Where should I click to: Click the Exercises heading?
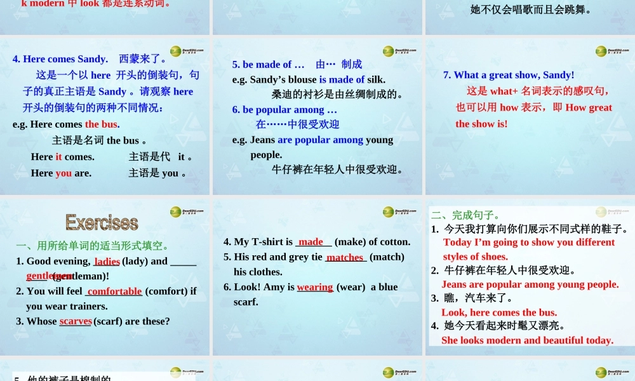point(102,222)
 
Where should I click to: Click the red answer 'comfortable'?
point(114,291)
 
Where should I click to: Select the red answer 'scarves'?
point(76,321)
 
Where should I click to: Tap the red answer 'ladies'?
point(107,261)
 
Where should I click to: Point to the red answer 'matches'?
point(345,257)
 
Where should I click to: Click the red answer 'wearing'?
point(315,287)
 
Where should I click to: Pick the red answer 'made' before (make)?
point(311,242)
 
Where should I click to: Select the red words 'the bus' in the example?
point(102,124)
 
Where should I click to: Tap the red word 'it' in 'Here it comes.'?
point(59,156)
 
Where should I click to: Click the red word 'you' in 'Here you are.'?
point(63,173)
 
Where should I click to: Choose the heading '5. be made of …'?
point(269,64)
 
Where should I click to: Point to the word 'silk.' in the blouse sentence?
point(376,79)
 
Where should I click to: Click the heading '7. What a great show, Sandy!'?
point(509,75)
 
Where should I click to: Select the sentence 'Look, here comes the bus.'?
point(499,312)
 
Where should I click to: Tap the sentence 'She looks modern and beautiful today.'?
point(527,340)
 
